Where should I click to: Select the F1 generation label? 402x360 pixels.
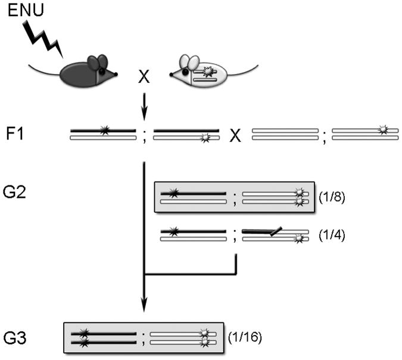(21, 134)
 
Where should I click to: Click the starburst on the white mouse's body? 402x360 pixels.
(208, 72)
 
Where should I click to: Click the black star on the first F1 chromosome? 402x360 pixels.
(105, 130)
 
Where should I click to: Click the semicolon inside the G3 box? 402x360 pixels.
(142, 339)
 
